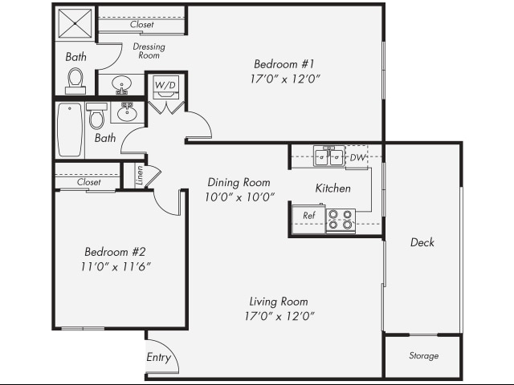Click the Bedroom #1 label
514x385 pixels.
tap(279, 64)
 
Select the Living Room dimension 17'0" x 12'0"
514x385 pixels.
tap(279, 315)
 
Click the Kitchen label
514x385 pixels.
tap(332, 188)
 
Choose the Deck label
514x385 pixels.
tap(422, 242)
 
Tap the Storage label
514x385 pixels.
tap(423, 356)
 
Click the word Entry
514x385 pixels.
tap(158, 358)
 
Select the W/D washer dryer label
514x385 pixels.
tap(165, 84)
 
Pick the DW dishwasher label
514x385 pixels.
tap(357, 157)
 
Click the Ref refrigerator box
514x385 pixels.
tap(308, 216)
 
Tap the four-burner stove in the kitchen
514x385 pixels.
tap(341, 220)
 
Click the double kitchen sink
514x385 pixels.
tap(329, 156)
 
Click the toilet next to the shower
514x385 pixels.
tap(75, 79)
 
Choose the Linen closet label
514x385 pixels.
tap(139, 175)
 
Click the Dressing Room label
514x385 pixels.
tap(149, 51)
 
